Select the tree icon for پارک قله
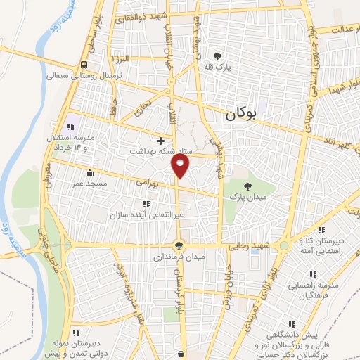pyautogui.click(x=218, y=56)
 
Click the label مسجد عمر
pyautogui.click(x=88, y=183)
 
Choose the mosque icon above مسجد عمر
pyautogui.click(x=89, y=172)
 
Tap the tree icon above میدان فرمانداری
pyautogui.click(x=179, y=246)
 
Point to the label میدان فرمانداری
pyautogui.click(x=179, y=257)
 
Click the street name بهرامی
pyautogui.click(x=148, y=181)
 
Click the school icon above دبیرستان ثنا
pyautogui.click(x=320, y=229)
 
